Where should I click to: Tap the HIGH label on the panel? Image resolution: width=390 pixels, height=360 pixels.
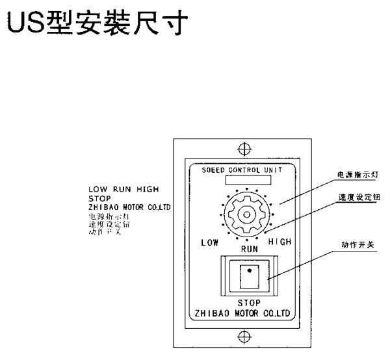pyautogui.click(x=279, y=242)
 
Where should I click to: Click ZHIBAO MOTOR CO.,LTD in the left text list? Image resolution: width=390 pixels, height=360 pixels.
pyautogui.click(x=129, y=207)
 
